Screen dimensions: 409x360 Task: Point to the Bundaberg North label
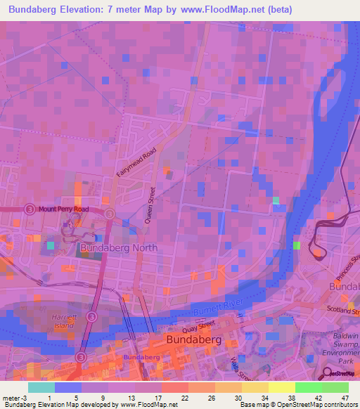coord(118,248)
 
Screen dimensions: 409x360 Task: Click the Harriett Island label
coord(63,322)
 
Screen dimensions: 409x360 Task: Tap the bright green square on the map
coord(297,245)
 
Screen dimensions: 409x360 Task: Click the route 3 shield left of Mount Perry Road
coord(30,209)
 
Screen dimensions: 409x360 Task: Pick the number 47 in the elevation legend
coord(345,398)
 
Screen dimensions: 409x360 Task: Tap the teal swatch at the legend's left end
coord(41,387)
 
